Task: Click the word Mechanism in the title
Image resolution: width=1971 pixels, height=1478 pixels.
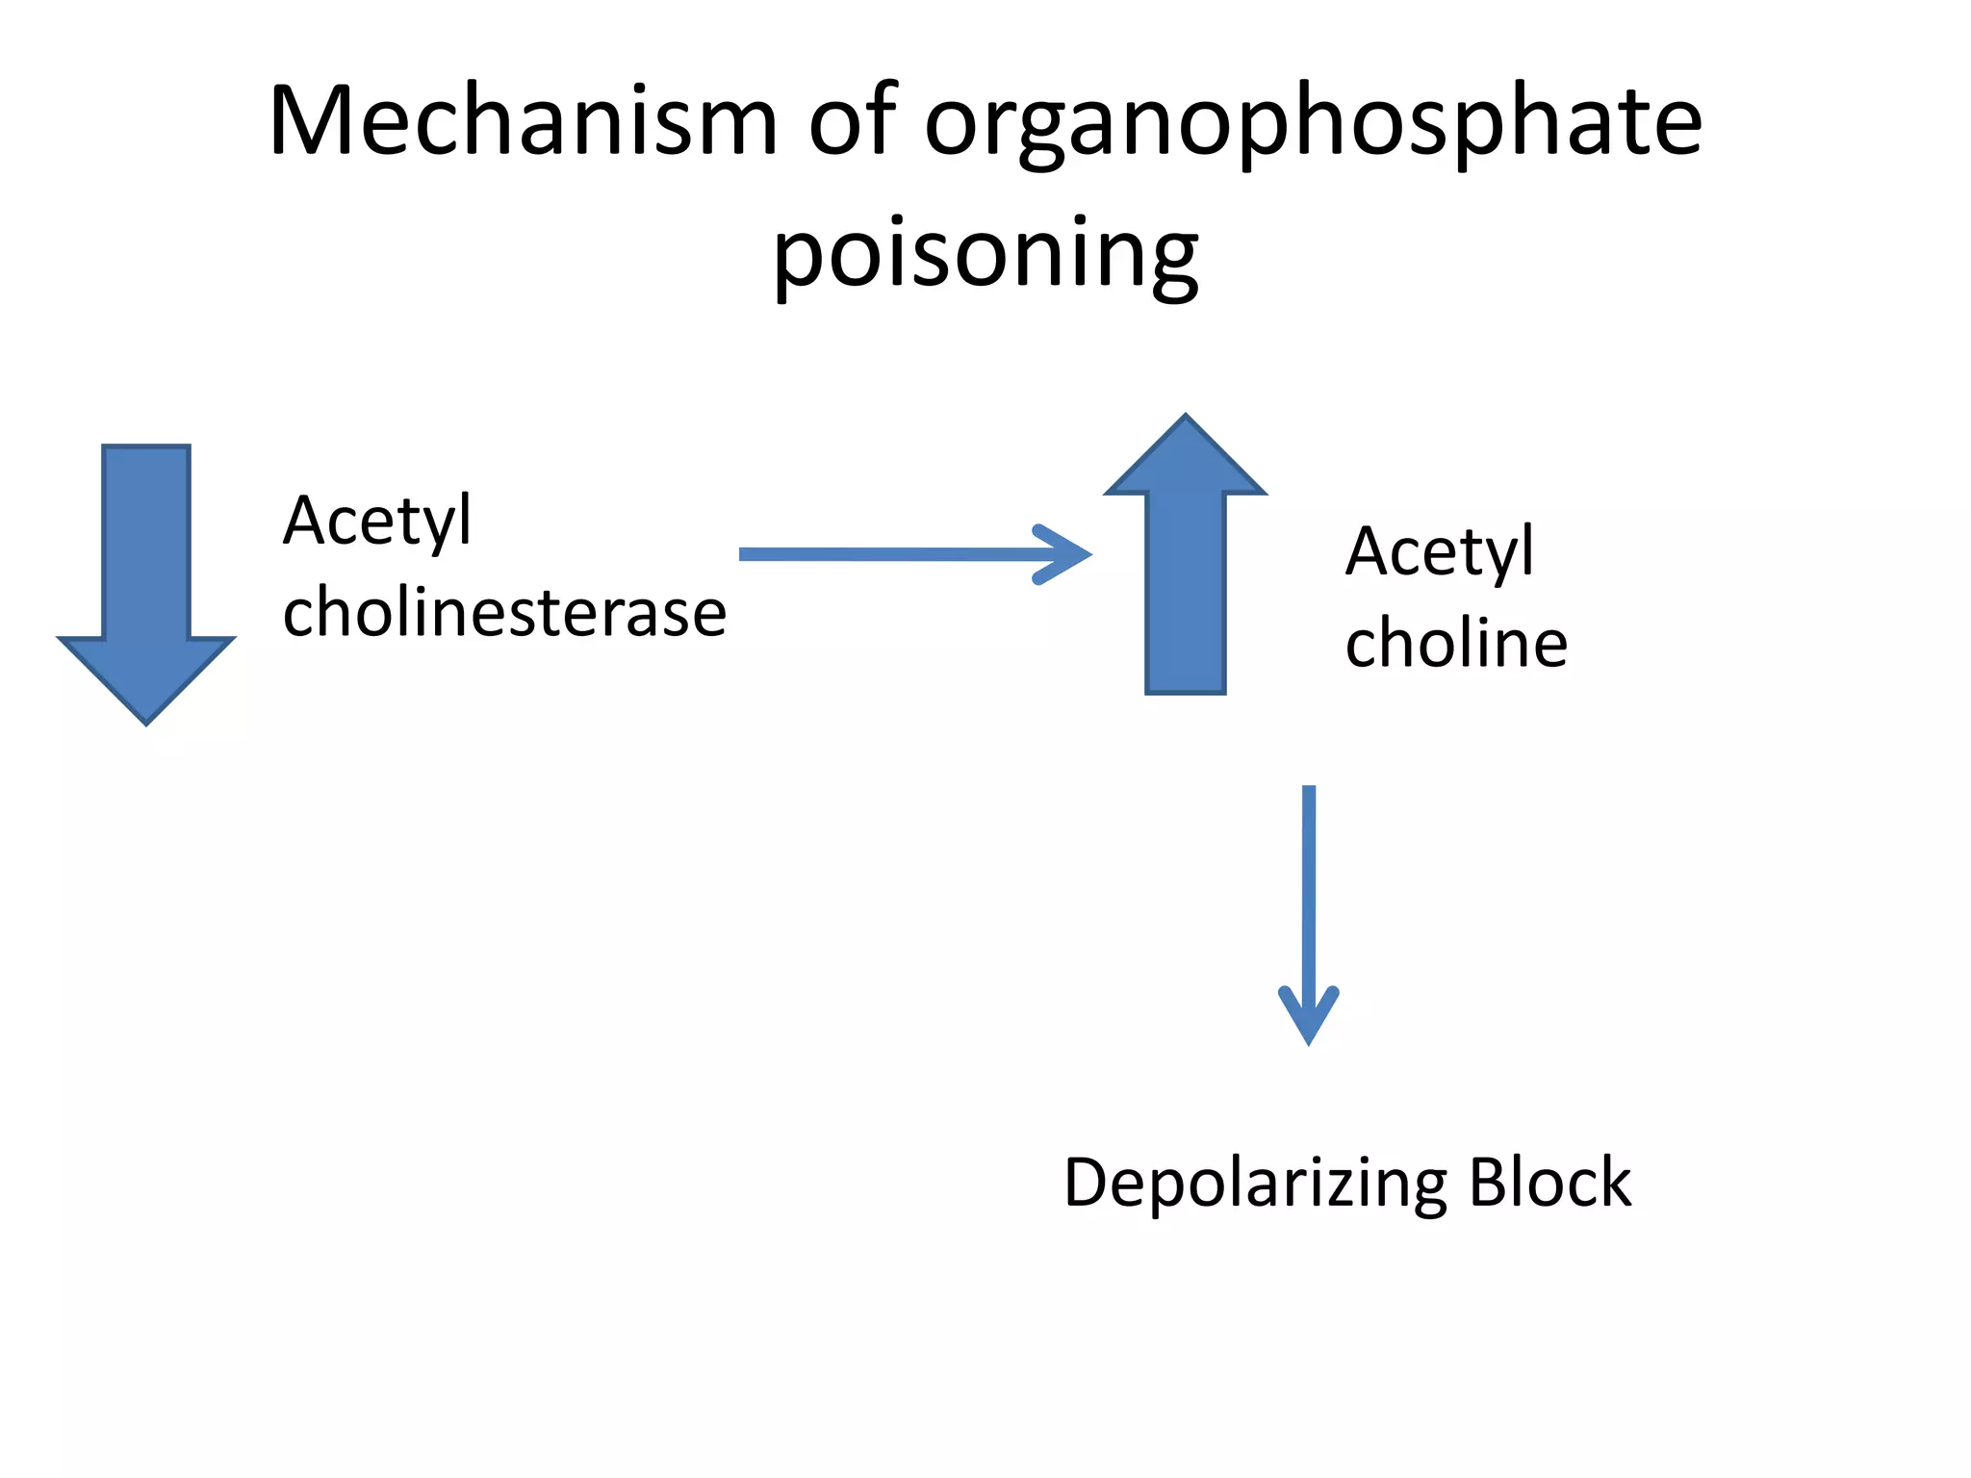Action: (x=523, y=121)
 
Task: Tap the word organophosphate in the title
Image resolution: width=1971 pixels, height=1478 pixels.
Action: (x=1313, y=125)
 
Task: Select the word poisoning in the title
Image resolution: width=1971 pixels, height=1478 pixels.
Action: (x=985, y=255)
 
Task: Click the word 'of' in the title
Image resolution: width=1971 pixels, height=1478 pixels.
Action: (x=853, y=121)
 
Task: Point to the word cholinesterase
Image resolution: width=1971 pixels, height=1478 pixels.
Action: (x=504, y=612)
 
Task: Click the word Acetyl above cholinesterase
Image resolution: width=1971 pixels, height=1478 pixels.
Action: (x=377, y=521)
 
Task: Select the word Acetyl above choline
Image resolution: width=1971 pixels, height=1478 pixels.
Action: (x=1439, y=551)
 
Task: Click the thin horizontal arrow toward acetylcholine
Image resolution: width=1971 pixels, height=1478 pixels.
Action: (x=895, y=554)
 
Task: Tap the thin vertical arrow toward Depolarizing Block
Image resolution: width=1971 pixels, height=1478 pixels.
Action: (x=1308, y=895)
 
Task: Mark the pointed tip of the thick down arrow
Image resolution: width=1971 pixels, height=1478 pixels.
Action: (x=146, y=720)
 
